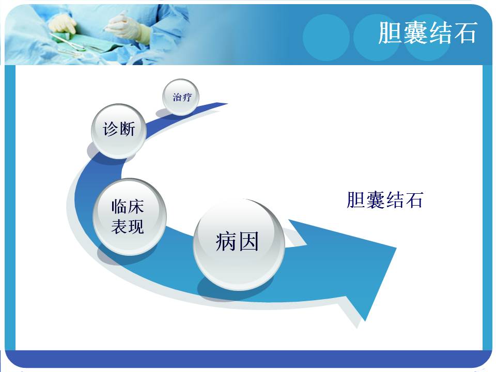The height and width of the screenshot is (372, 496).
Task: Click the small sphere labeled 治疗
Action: point(181,97)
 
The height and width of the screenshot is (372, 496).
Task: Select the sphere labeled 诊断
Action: point(119,131)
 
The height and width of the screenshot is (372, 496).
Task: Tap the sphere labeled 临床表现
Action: point(129,216)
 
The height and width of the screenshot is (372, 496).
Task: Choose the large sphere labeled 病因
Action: point(239,244)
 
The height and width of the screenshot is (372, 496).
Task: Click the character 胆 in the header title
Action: point(391,33)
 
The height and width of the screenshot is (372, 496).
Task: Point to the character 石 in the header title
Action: point(466,33)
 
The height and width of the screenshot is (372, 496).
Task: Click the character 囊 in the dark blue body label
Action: point(376,200)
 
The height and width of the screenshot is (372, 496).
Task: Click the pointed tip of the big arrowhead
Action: point(396,247)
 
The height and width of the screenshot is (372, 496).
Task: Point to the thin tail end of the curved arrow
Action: point(227,103)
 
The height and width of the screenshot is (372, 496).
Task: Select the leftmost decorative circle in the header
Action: point(326,37)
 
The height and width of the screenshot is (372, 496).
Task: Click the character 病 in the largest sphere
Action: point(226,242)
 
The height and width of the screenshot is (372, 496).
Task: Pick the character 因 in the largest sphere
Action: point(249,242)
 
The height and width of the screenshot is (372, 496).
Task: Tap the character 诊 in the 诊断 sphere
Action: point(111,129)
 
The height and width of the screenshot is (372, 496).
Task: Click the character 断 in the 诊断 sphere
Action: point(127,129)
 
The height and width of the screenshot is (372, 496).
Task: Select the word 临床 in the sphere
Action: point(128,207)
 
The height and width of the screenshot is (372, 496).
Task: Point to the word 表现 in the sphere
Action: point(128,226)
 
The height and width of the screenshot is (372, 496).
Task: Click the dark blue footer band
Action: point(248,359)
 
